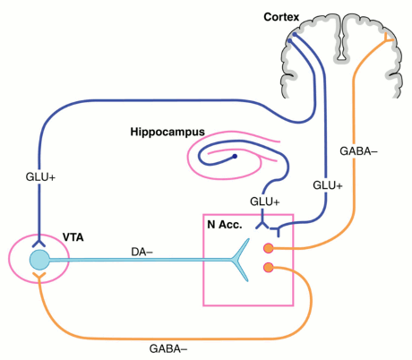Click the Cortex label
pos(281,17)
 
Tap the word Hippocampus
pos(167,132)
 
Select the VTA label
pos(73,237)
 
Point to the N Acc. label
pos(225,225)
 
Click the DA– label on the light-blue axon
pos(142,253)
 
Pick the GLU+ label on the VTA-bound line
pos(40,177)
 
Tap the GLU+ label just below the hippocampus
pos(265,201)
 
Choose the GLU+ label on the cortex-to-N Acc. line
pos(328,185)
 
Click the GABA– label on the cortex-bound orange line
pos(358,151)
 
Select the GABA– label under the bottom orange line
pos(168,348)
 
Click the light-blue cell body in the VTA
pos(39,260)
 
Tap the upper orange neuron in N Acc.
pos(269,248)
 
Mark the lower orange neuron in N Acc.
pos(269,268)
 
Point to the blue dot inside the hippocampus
pos(235,156)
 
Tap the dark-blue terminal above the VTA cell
pos(39,243)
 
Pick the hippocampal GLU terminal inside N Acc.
pos(262,225)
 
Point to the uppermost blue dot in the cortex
pos(295,35)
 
